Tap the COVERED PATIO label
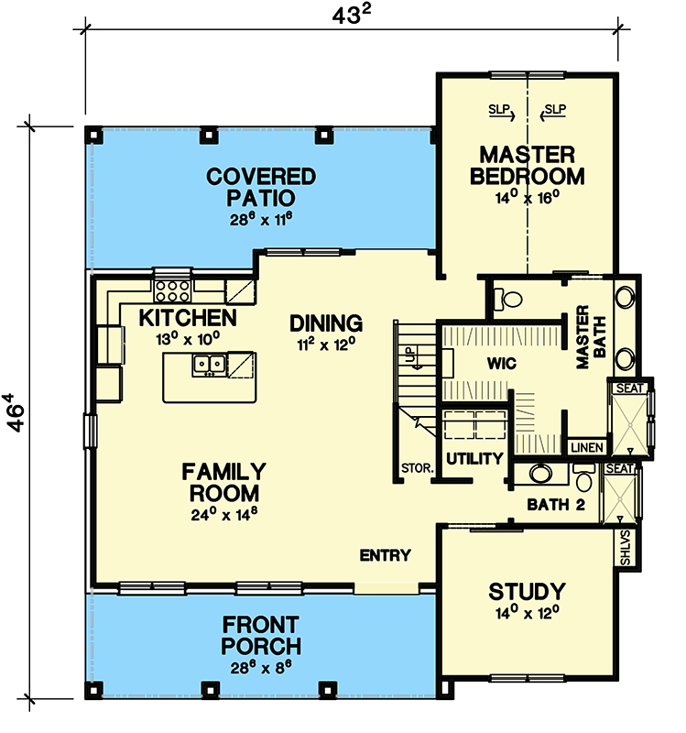pos(261,186)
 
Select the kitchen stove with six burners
pos(170,291)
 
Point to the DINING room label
pos(326,323)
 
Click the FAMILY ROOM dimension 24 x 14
pos(223,515)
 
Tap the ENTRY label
pos(385,555)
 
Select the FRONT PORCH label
pos(261,634)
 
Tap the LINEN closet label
pos(584,447)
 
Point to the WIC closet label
pos(502,364)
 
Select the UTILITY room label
pos(474,458)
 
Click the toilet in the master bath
pos(506,298)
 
